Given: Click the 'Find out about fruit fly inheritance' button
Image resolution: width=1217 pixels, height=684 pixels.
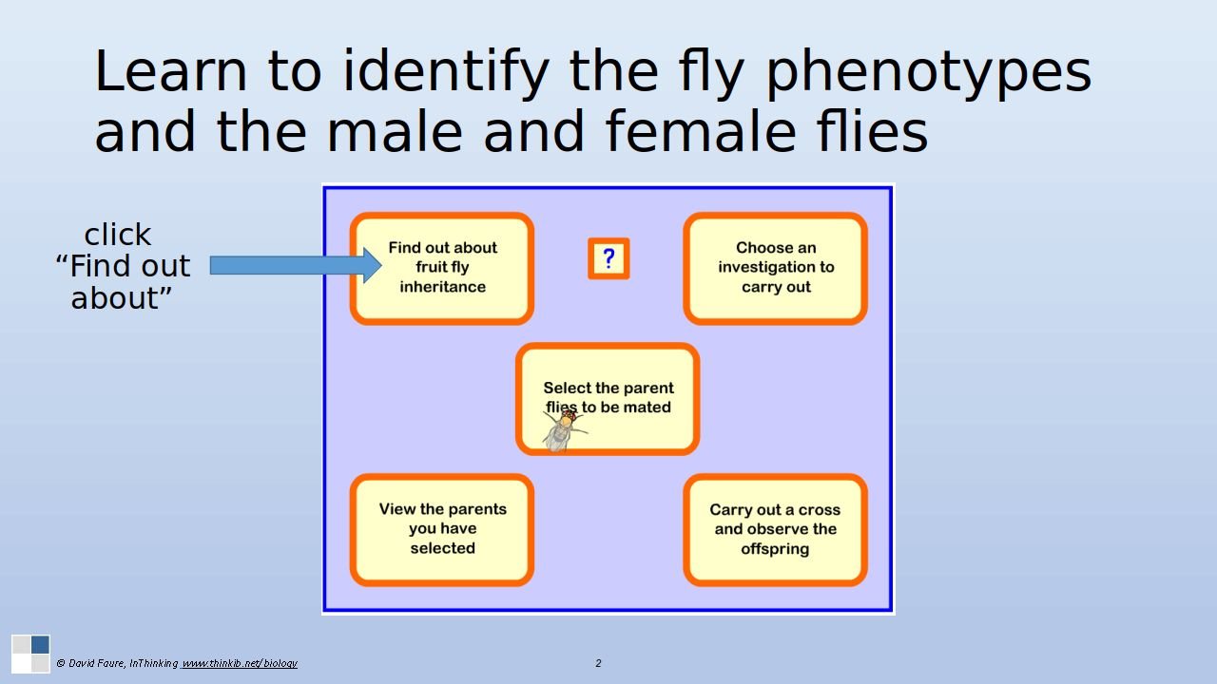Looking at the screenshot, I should (x=442, y=268).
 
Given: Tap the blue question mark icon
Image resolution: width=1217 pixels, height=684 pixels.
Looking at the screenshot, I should (x=608, y=258).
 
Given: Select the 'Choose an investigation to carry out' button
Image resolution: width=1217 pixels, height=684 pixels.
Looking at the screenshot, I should (x=775, y=268).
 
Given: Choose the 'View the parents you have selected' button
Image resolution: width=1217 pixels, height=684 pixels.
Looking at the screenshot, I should (x=442, y=529).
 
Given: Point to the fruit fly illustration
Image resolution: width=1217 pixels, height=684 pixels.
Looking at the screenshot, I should (x=560, y=430).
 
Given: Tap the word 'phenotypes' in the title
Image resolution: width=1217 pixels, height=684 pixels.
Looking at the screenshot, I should (x=928, y=72).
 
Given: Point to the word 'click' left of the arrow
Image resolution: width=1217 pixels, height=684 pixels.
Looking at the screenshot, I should (x=118, y=235).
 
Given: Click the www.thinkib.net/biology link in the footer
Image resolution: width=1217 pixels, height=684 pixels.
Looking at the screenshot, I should (x=240, y=663).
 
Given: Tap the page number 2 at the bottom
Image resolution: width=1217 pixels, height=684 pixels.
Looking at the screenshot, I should (x=598, y=663).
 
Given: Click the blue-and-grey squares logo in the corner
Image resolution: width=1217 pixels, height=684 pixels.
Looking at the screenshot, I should (x=30, y=654).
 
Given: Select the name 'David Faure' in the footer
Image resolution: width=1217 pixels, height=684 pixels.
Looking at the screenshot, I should (x=95, y=663).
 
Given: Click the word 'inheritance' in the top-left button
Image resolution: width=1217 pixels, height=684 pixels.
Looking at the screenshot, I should (x=442, y=287).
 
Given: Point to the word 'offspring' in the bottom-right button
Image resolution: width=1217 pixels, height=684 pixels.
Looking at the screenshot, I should (x=775, y=549).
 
